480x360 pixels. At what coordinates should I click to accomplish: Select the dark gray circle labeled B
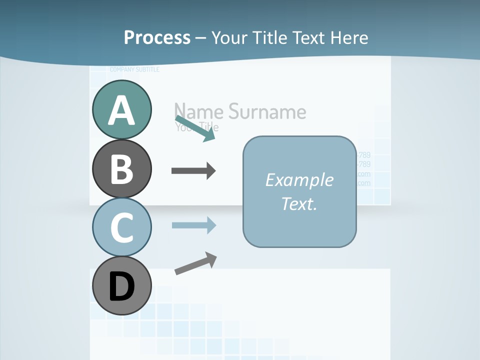point(121,168)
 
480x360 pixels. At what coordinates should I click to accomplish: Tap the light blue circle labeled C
point(121,226)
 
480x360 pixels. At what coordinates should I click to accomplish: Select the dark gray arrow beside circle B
point(193,171)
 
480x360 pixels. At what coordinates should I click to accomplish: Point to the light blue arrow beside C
point(193,225)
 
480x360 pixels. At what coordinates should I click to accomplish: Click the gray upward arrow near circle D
point(195,263)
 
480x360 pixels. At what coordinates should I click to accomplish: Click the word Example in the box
point(299,179)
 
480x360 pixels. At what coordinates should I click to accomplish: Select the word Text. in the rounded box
point(299,203)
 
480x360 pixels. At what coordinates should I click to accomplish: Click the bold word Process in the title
point(157,37)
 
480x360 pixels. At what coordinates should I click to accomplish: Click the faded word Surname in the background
point(267,111)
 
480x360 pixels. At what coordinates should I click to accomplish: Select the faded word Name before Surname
point(199,111)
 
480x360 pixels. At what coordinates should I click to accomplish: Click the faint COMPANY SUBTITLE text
point(134,69)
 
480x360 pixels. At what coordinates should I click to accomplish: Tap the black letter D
point(121,287)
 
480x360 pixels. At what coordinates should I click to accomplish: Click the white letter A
point(121,110)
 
